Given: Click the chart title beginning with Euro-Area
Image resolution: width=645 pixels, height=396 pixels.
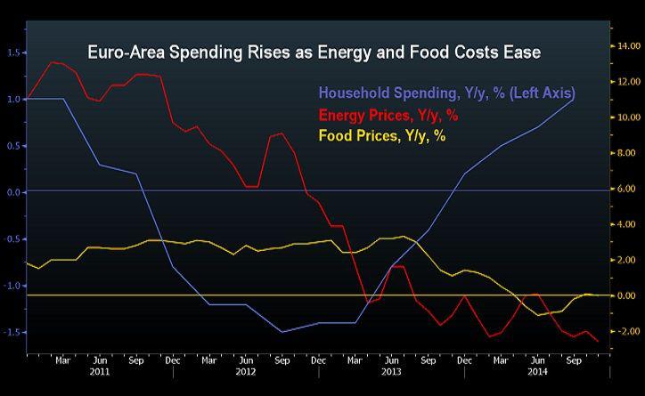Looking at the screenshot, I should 314,53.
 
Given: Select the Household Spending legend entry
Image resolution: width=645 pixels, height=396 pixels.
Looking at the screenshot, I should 446,93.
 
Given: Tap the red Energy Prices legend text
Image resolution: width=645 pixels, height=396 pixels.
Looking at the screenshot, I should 389,114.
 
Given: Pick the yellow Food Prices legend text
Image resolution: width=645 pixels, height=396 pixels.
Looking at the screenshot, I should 383,135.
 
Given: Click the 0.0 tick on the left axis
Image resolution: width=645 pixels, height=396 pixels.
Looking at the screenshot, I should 12,192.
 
